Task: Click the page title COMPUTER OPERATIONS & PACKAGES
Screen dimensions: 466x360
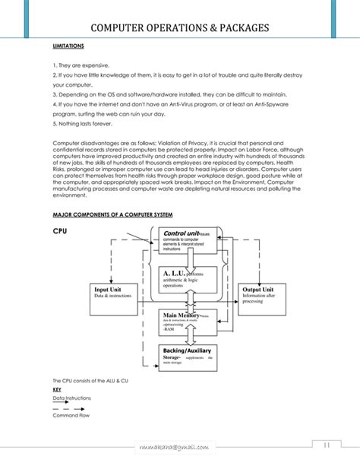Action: click(x=179, y=29)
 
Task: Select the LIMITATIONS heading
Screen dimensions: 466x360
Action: click(x=68, y=46)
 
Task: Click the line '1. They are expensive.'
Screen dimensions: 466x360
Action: click(x=81, y=65)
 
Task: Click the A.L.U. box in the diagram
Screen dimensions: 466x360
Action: click(x=189, y=279)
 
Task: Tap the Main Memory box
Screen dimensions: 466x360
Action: click(x=189, y=321)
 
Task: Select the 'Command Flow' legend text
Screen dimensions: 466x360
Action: click(x=70, y=417)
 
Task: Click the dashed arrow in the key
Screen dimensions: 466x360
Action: click(x=69, y=409)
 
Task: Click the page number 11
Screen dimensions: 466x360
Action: click(x=326, y=445)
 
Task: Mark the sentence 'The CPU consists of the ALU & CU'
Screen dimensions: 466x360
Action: click(x=90, y=380)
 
